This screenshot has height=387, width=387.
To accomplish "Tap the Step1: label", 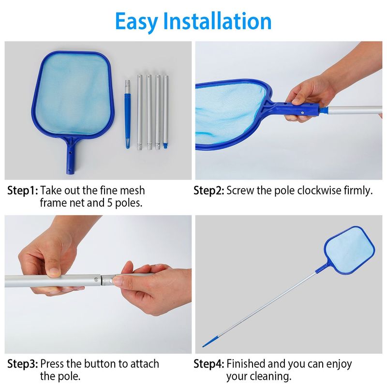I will [22, 190].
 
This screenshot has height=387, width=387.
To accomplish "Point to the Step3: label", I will [22, 363].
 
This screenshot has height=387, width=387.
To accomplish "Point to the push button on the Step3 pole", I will [110, 279].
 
